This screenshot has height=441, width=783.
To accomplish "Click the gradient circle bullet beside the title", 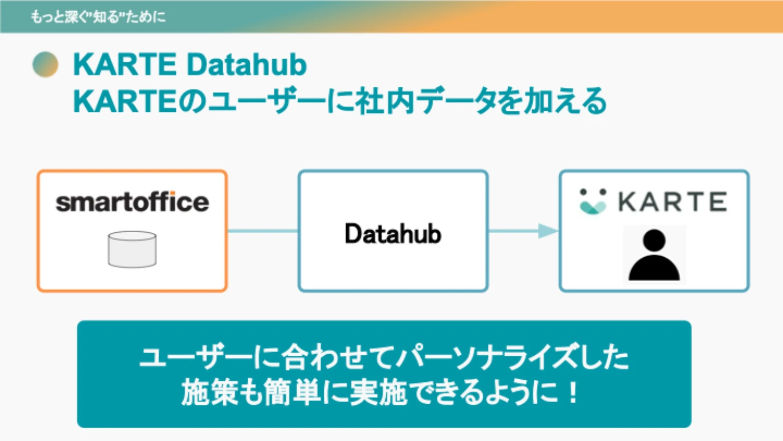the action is pos(45,64).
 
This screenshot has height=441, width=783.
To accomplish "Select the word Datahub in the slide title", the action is pos(247,65).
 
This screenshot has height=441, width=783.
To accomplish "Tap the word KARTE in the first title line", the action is pos(125,65).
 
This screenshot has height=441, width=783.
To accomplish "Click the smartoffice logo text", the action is pos(132,202).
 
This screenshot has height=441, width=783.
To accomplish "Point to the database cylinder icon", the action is pos(132,250).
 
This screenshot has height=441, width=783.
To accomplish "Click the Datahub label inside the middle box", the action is pos(393,234).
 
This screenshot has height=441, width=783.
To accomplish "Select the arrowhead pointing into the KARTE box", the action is pos(547,231).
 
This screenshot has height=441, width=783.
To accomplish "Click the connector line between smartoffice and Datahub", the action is pos(263,231).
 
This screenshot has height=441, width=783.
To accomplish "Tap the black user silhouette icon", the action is pos(654,255).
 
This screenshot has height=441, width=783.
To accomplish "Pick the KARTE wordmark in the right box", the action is pos(672,202).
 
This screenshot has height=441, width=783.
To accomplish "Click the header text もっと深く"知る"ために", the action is pos(98,17).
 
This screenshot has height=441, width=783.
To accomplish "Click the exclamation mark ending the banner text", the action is pos(573,392).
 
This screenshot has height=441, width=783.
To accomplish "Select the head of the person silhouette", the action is pos(654,240).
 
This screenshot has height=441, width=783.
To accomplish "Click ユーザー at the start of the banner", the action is pos(195,357).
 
